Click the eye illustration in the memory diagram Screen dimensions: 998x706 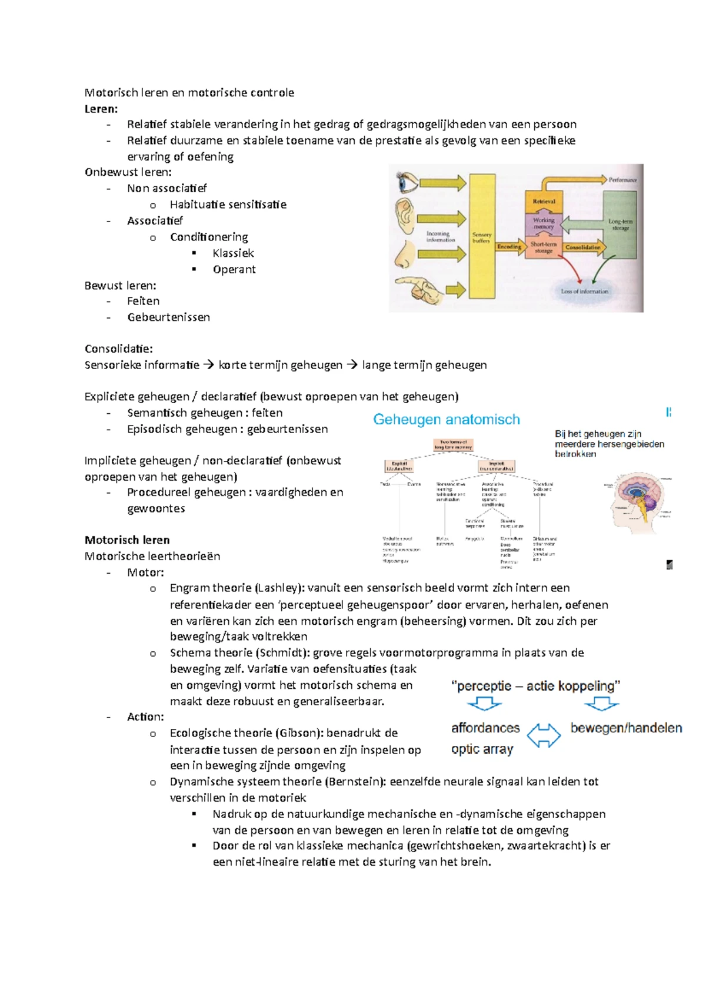[407, 182]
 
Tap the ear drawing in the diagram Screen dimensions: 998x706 [405, 216]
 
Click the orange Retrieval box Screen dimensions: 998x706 [544, 201]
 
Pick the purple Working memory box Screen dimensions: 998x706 [544, 223]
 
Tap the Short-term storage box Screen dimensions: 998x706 [544, 247]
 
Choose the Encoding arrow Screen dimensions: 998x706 [510, 247]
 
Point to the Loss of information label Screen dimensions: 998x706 [584, 291]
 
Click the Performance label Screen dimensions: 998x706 [622, 180]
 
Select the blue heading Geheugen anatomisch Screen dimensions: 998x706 [447, 420]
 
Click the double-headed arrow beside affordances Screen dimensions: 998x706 [544, 735]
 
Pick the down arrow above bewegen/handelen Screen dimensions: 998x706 [602, 703]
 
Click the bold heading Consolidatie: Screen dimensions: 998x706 [119, 349]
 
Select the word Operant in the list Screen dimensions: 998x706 [234, 270]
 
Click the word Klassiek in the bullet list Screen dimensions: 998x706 [233, 253]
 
